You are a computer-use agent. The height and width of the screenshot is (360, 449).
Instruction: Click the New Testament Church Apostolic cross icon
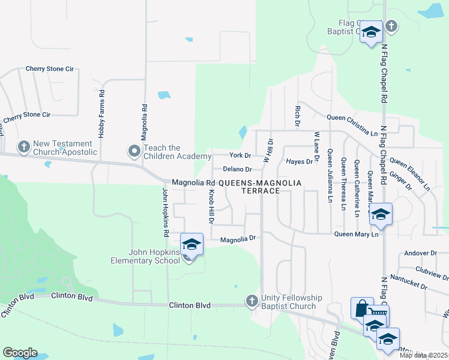click(x=24, y=146)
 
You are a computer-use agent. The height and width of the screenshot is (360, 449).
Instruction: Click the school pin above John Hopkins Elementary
click(x=191, y=244)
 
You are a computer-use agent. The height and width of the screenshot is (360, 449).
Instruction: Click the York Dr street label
click(x=240, y=155)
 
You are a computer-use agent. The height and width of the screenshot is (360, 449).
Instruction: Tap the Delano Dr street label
click(x=237, y=169)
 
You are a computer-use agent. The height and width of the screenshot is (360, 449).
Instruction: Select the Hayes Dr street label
click(x=300, y=161)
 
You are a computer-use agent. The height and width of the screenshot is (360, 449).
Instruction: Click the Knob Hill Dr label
click(x=211, y=207)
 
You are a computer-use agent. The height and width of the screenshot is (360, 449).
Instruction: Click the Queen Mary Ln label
click(x=357, y=234)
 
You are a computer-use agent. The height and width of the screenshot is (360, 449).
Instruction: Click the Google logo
click(x=20, y=353)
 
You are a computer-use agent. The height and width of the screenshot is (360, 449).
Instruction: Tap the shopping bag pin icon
click(x=362, y=308)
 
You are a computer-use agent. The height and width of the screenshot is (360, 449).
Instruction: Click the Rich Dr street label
click(x=297, y=116)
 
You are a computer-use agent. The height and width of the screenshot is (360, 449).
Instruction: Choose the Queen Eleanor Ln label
click(x=410, y=174)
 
